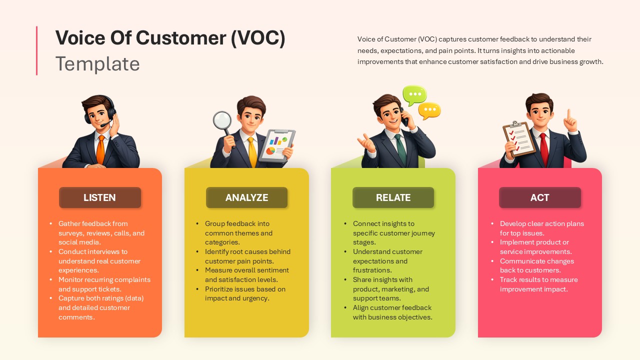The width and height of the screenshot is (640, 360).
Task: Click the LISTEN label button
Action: point(100,197)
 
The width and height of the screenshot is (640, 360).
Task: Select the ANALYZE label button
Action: point(246,197)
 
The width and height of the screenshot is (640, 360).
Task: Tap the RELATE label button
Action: point(393,197)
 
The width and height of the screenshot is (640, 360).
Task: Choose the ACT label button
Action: point(540,197)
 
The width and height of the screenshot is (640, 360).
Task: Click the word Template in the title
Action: point(97,64)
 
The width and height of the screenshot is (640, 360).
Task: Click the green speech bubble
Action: point(414,95)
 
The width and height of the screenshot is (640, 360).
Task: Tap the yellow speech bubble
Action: point(429,110)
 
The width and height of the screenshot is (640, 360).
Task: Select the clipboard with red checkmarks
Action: point(518,137)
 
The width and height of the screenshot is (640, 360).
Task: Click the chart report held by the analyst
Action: point(278,145)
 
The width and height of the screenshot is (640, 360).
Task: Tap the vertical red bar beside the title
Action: point(36,50)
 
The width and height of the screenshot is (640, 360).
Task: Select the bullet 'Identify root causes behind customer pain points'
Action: point(247,256)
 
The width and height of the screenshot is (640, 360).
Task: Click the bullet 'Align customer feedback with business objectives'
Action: point(392,312)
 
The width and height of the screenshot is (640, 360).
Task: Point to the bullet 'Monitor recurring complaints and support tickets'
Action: point(104,284)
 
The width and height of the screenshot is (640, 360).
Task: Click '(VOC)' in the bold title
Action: point(258,38)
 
